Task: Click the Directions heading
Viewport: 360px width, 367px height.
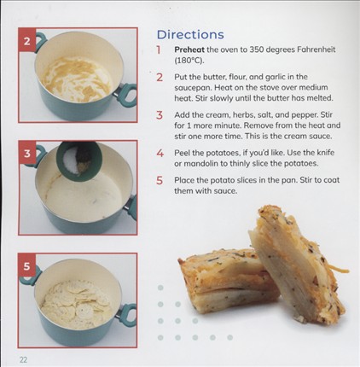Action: pos(190,35)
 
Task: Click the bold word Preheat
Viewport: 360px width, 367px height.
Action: pos(189,50)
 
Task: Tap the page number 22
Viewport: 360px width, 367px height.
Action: pos(23,359)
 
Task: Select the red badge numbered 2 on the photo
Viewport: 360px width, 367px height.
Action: pos(27,42)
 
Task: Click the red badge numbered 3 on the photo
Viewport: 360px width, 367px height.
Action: pos(27,154)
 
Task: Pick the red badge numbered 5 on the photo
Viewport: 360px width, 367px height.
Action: pos(26,266)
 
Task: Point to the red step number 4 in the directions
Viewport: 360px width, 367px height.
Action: pos(160,154)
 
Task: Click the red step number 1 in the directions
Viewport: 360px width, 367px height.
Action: pos(159,50)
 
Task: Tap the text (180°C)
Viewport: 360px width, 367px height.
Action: pos(189,61)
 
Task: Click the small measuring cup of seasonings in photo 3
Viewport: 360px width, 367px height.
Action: pos(79,161)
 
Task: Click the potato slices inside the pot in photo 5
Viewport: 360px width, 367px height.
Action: pos(76,304)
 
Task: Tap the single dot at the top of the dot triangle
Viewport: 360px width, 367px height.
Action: pos(160,288)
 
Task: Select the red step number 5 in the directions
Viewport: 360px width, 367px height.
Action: pos(160,180)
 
